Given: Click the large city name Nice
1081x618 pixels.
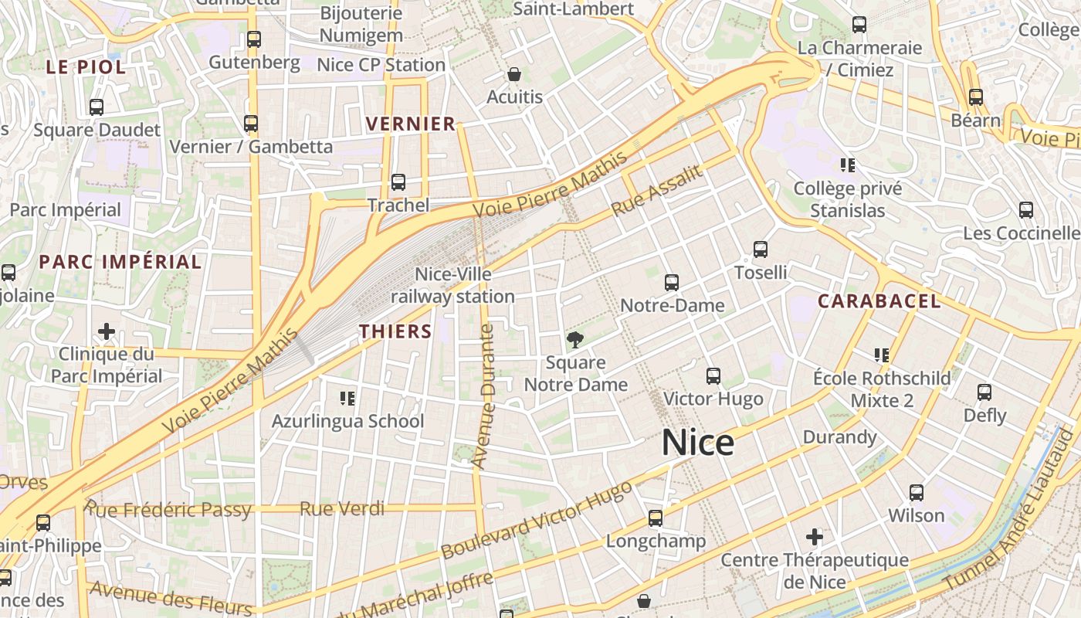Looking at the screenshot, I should coord(697,443).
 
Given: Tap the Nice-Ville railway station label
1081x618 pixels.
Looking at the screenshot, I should coord(452,286).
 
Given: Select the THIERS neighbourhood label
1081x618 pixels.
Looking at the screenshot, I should coord(395,331).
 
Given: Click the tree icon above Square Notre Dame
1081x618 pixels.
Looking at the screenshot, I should coord(575,338).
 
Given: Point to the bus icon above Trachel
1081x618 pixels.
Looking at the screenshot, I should coord(398,182).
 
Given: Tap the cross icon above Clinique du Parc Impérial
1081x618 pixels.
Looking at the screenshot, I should coord(107,332).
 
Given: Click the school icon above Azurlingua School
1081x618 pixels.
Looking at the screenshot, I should coord(347,399).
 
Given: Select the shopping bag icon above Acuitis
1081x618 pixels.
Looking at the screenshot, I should coord(514,75).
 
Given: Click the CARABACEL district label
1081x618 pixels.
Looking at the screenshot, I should coord(879,301).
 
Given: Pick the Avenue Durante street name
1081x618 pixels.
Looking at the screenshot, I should coord(486,396).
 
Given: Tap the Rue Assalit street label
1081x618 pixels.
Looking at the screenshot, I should coord(657,191).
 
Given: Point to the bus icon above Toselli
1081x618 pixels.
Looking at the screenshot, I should coord(761,250).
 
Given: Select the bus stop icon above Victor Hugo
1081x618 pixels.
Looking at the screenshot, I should coord(713,376).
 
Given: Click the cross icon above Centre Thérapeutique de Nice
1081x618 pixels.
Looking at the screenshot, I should coord(815,536).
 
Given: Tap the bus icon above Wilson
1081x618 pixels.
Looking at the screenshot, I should coord(917,493).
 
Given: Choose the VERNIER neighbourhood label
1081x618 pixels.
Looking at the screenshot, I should coord(411,124).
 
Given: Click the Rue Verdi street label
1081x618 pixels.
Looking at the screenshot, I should coord(342,508).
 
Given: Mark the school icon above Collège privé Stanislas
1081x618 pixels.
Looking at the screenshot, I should coord(848,165).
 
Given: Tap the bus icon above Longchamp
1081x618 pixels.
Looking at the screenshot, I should coord(656,518).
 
